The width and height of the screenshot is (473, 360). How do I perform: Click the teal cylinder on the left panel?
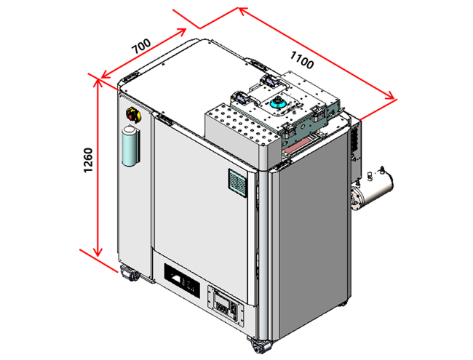(x=130, y=145)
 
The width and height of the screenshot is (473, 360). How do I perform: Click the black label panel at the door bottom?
(x=181, y=280)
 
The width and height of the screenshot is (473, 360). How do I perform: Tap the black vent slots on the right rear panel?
(x=356, y=141)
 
